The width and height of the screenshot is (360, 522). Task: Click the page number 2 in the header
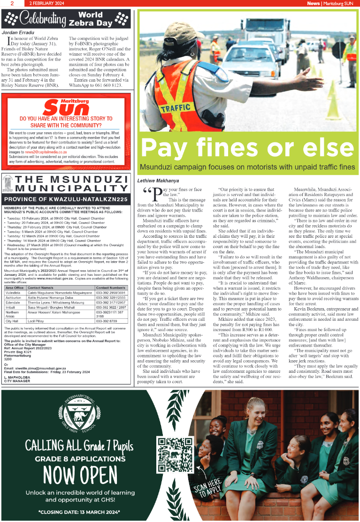tap(11, 3)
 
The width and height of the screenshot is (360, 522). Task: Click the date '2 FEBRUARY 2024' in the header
tap(46, 3)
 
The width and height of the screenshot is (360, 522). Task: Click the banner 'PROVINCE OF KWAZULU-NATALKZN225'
tap(66, 199)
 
